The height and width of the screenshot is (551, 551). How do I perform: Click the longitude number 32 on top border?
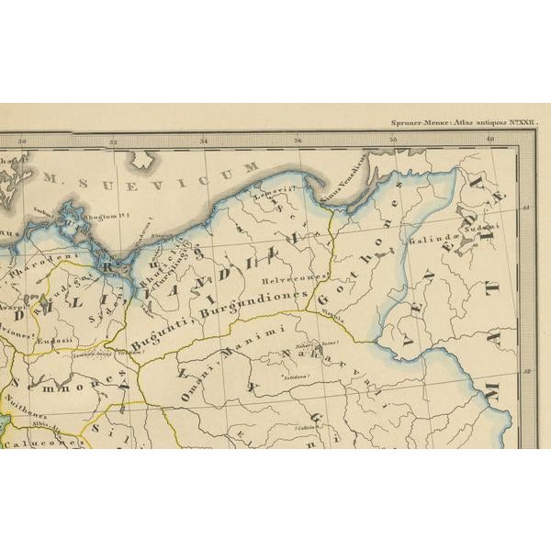point(113,141)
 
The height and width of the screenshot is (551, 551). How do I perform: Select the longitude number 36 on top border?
point(298,141)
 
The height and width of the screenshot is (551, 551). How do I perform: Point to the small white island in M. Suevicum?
point(142,160)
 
